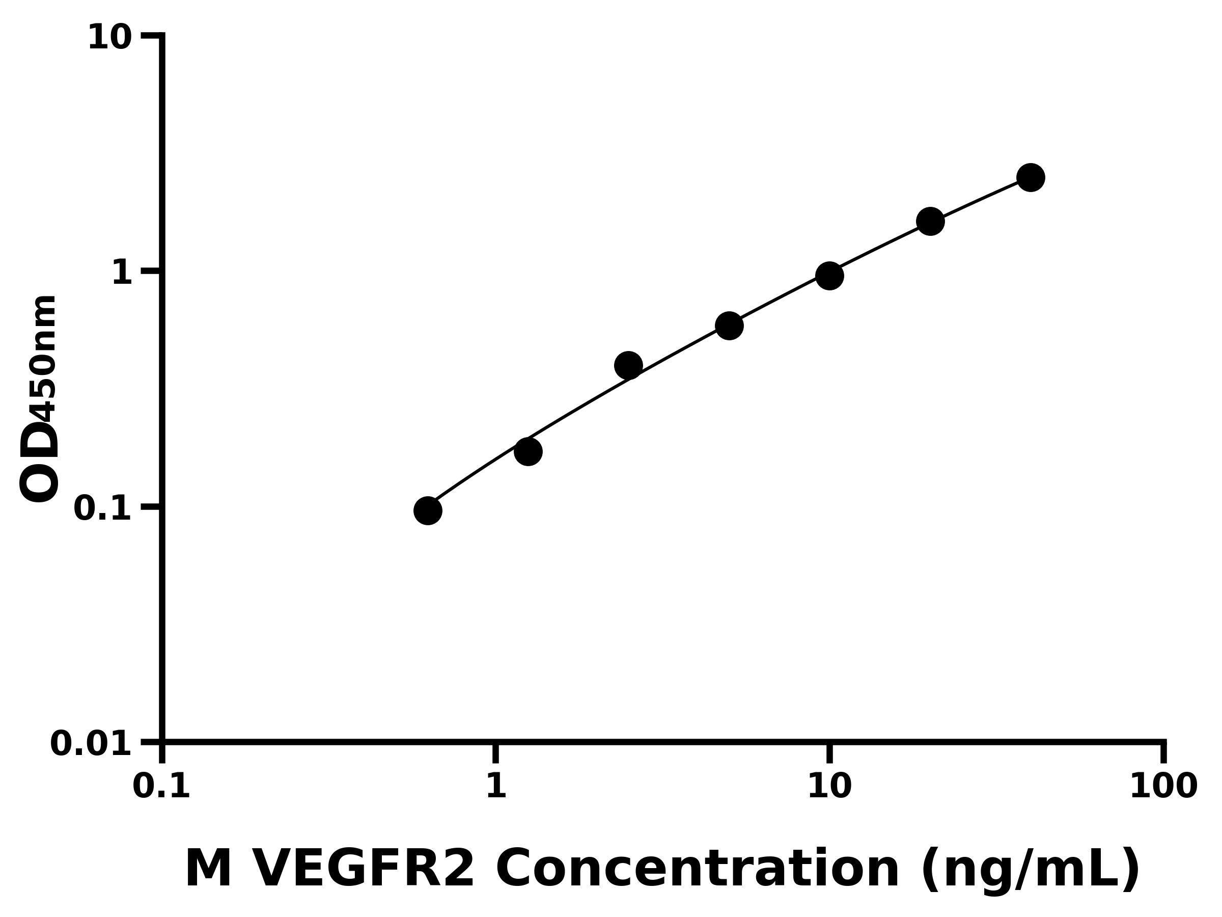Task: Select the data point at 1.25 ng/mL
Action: click(528, 451)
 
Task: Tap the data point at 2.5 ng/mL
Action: click(628, 365)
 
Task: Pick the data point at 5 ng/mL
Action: click(729, 326)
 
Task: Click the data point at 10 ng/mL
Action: click(829, 275)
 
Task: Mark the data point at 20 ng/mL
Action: click(930, 221)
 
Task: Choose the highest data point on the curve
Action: click(1031, 177)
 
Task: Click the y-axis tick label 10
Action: click(110, 38)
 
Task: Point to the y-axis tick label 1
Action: click(122, 273)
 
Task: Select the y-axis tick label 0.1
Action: click(103, 508)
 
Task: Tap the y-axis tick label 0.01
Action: click(91, 743)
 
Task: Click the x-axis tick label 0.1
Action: click(161, 786)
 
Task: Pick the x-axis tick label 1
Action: click(496, 786)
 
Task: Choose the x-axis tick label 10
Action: click(829, 786)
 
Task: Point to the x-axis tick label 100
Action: click(1163, 786)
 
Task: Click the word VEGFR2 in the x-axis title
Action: click(363, 870)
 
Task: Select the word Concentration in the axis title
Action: click(698, 870)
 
